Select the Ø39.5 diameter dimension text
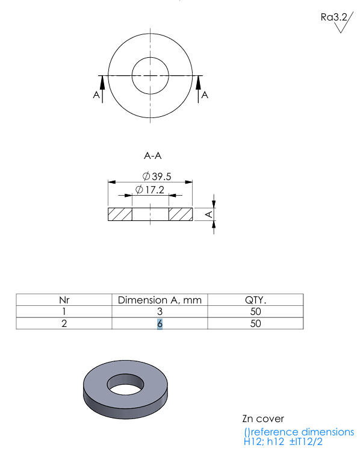pos(157,176)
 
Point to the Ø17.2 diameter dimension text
pos(150,190)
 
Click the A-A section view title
pos(153,156)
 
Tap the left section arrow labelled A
pos(102,89)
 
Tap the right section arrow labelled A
pos(198,89)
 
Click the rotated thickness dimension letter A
pos(209,214)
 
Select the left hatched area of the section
pos(120,214)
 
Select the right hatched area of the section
pos(181,214)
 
